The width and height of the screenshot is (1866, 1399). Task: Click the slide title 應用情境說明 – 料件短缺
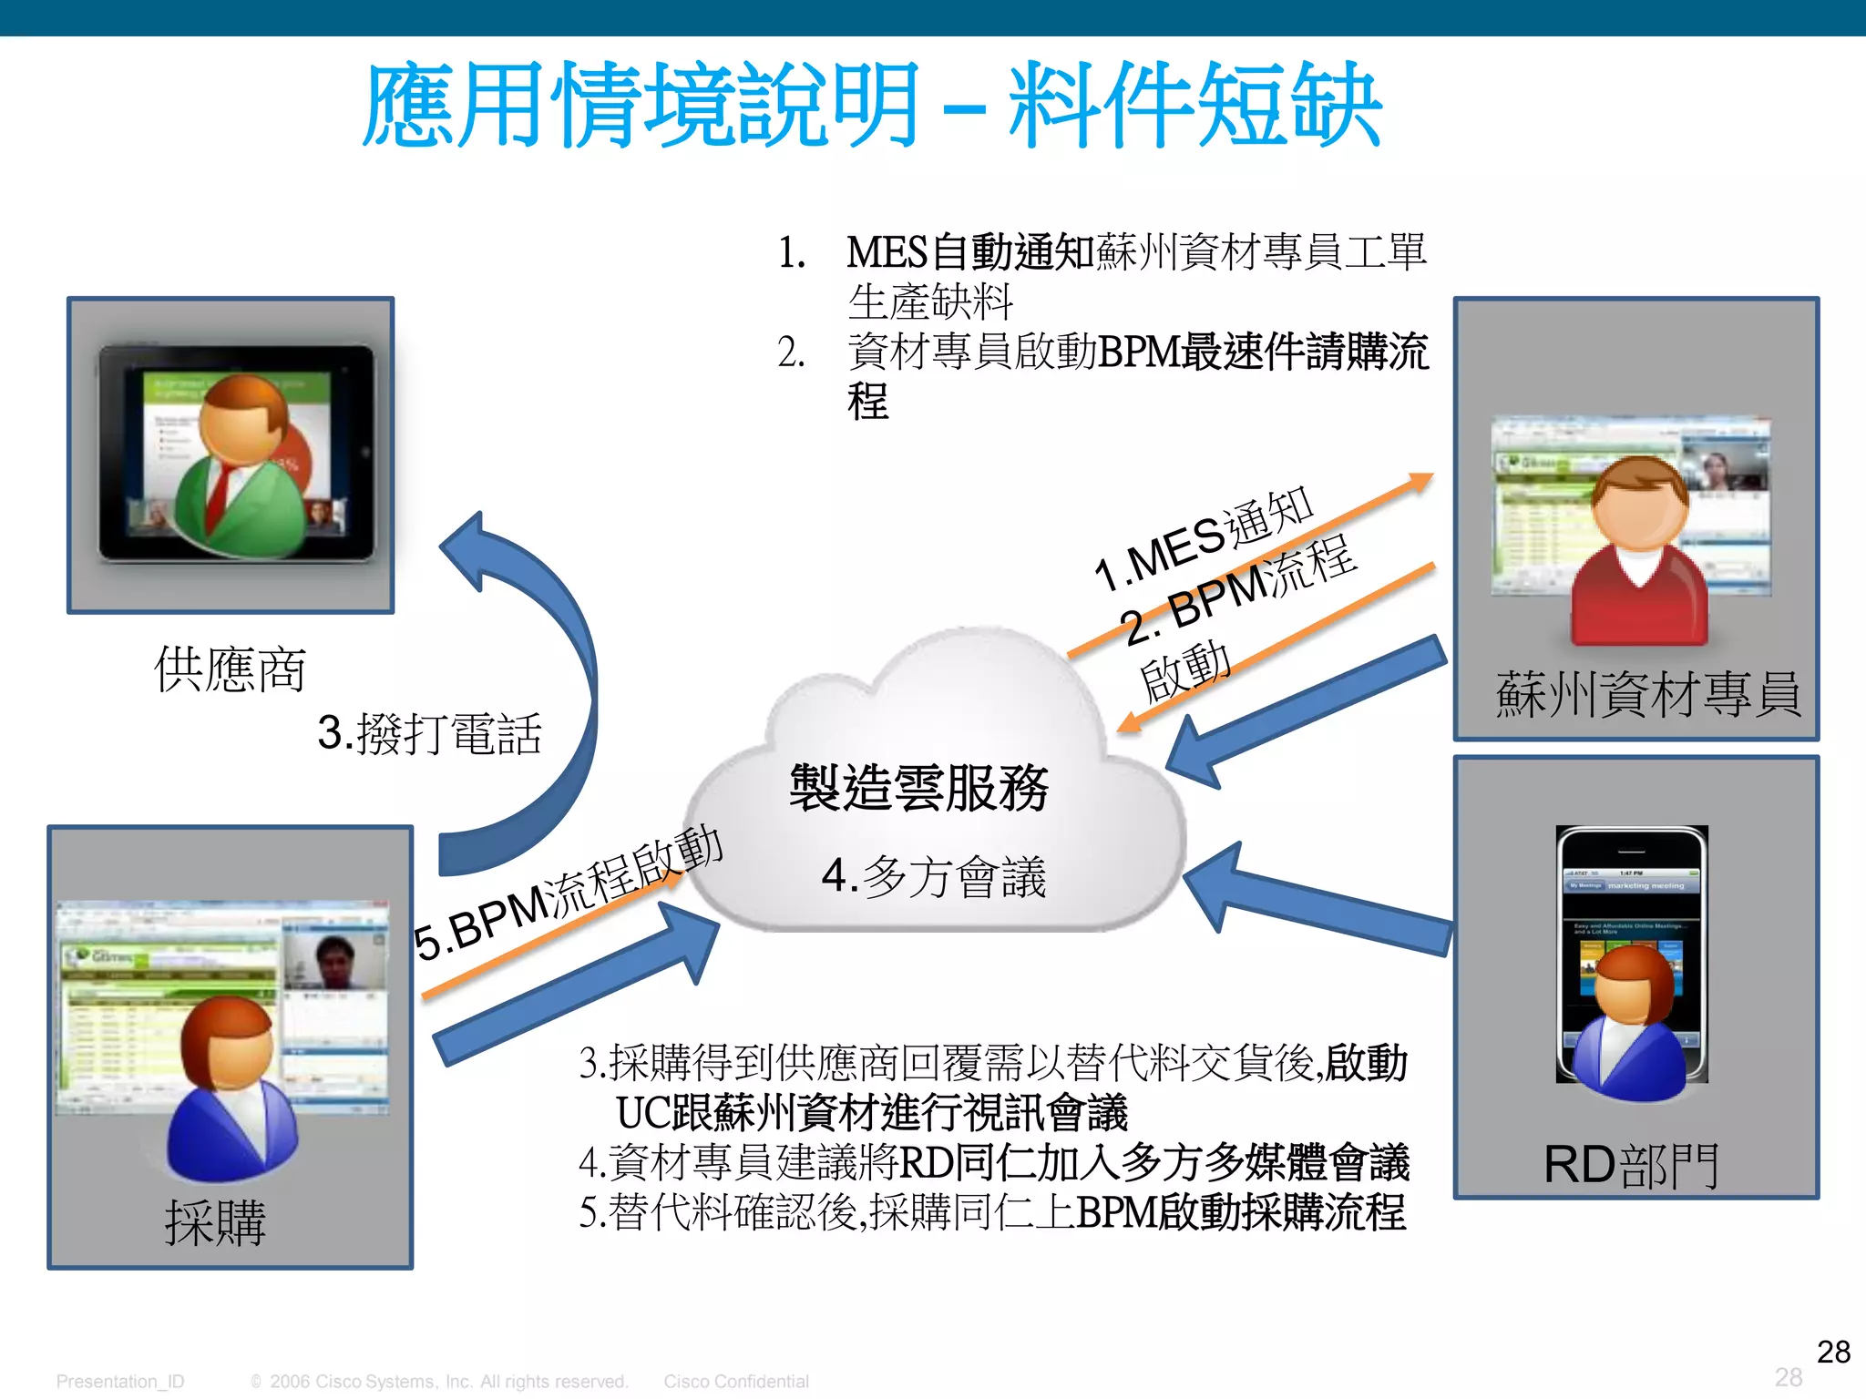click(872, 105)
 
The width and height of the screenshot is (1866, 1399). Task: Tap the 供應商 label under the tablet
click(230, 669)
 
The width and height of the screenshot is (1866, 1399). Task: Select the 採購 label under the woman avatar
click(216, 1221)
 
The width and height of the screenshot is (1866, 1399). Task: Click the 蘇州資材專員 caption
click(1648, 694)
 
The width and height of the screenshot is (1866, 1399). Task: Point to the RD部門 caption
click(1631, 1165)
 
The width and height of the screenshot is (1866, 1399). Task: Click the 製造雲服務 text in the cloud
click(918, 788)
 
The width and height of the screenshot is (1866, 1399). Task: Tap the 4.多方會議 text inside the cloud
click(934, 876)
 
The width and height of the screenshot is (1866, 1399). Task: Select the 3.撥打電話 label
click(430, 733)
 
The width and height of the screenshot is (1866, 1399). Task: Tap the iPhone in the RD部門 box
click(1632, 952)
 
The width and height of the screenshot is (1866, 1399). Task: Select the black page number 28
click(1833, 1352)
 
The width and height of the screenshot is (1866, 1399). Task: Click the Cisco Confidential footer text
click(736, 1382)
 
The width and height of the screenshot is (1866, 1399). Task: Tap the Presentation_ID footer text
click(120, 1382)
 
